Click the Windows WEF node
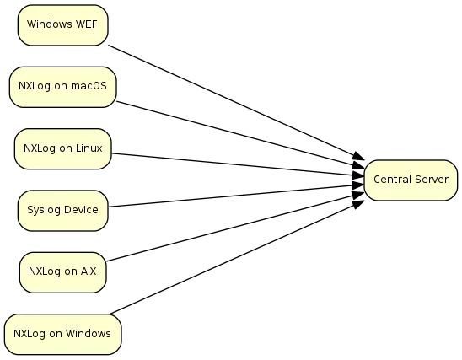62,25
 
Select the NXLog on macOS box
62,87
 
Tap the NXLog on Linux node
62,148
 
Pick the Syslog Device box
62,211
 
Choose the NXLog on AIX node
62,272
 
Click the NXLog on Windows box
62,335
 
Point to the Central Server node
411,180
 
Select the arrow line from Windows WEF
237,102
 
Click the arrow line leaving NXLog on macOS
241,135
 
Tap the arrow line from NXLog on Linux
239,164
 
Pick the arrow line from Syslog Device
236,196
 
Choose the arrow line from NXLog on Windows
237,257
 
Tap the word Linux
89,148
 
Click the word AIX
89,271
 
